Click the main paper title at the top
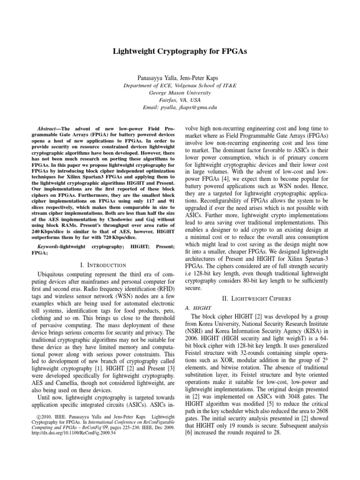tap(180, 51)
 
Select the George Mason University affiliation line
tap(180, 93)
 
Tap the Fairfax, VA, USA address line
tap(180, 100)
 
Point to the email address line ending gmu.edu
tap(180, 108)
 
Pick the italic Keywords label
tap(48, 246)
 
